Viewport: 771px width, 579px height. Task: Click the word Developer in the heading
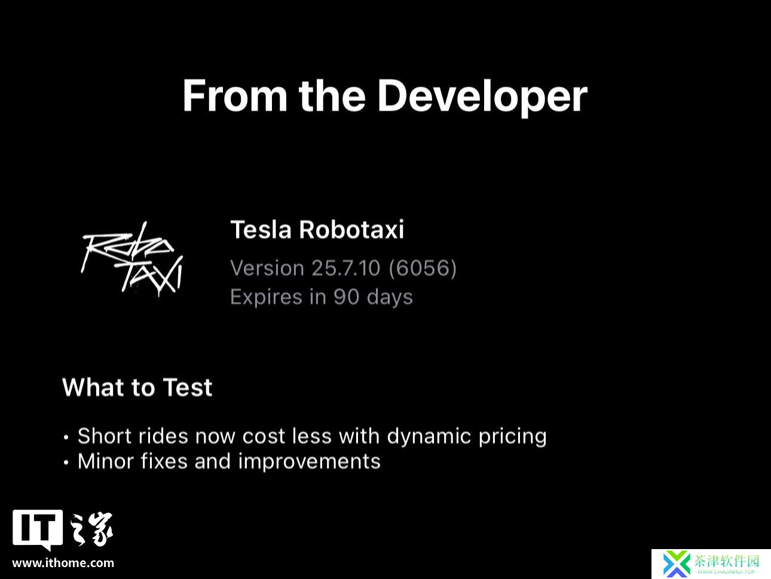click(x=482, y=96)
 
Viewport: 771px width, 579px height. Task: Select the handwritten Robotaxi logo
click(x=132, y=259)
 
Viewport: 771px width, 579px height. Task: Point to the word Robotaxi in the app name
click(x=351, y=230)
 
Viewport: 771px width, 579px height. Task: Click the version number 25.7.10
click(x=346, y=268)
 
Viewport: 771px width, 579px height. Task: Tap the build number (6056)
click(x=423, y=268)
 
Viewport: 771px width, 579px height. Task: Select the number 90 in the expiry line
click(x=346, y=297)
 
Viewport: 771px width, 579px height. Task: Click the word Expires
click(x=266, y=297)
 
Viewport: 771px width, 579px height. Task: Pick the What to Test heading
click(x=137, y=388)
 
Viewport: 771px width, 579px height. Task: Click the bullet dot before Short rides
click(x=66, y=437)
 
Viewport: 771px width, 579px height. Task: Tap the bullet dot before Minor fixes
click(x=66, y=462)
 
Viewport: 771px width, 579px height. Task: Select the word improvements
click(x=309, y=462)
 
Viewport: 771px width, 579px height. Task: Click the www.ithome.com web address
click(x=63, y=563)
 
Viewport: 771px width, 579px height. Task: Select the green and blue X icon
click(x=676, y=564)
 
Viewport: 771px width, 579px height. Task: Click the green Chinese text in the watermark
click(x=726, y=560)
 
